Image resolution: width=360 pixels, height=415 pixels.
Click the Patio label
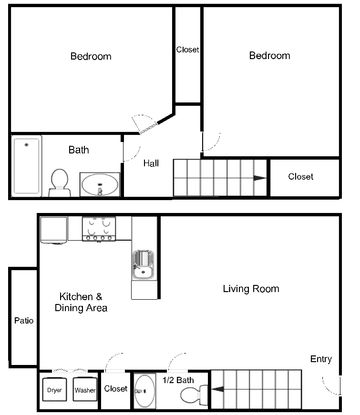click(x=24, y=321)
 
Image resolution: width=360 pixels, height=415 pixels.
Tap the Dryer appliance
click(x=54, y=389)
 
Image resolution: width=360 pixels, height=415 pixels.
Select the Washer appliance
click(x=85, y=389)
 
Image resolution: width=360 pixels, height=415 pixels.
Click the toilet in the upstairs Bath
click(x=59, y=183)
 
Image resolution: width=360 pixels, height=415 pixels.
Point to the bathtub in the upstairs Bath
click(x=27, y=166)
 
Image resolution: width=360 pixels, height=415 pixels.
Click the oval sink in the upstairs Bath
click(x=100, y=184)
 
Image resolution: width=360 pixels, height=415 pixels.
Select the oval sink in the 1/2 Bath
click(x=144, y=391)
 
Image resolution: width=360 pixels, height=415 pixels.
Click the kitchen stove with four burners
click(x=99, y=229)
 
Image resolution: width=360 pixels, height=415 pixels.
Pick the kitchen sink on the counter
click(x=144, y=266)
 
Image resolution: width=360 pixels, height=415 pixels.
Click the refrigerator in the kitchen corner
click(x=54, y=229)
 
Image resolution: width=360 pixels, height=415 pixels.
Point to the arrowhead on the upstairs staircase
click(x=259, y=178)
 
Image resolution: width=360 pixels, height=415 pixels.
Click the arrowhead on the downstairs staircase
click(x=218, y=389)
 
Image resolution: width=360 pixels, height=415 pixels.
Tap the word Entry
click(x=321, y=359)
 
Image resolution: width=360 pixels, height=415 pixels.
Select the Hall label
click(x=151, y=163)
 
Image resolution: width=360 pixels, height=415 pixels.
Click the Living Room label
click(x=251, y=288)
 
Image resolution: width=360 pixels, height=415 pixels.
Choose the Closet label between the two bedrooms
click(x=188, y=50)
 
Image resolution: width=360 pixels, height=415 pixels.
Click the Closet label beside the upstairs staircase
click(x=301, y=176)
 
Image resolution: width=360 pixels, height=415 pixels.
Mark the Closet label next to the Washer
click(x=116, y=388)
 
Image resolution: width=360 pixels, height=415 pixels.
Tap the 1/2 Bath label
click(x=178, y=380)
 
